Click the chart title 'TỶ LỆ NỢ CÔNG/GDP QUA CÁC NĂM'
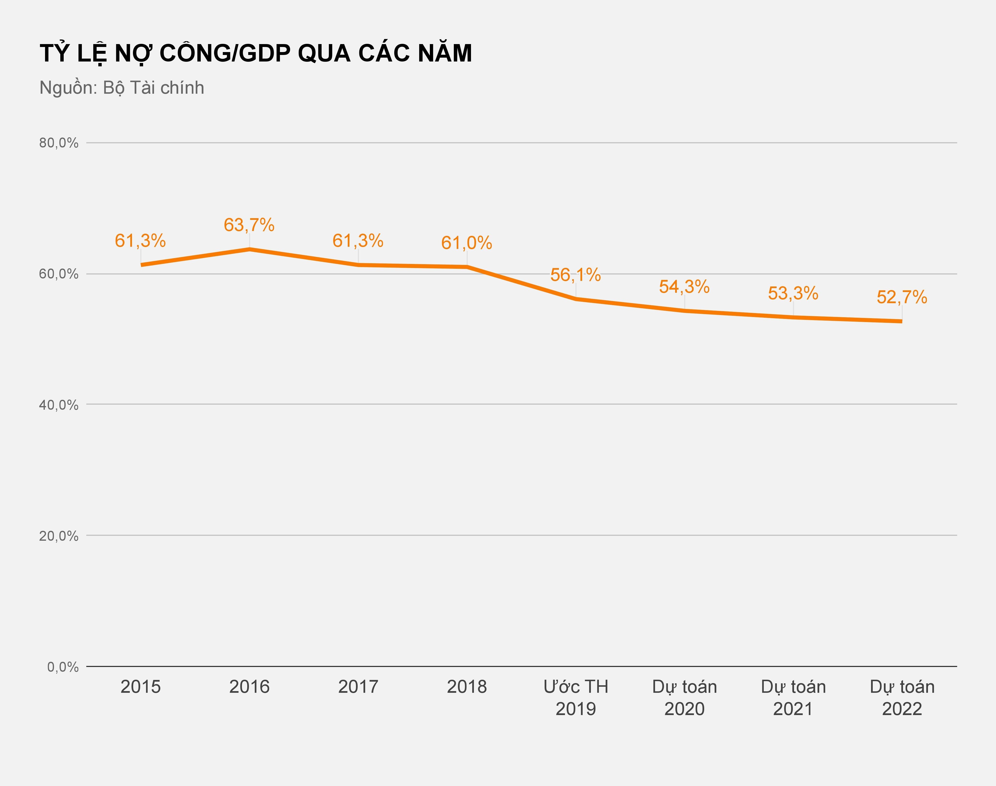(x=256, y=53)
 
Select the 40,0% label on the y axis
(x=58, y=405)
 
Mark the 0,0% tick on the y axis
(x=62, y=667)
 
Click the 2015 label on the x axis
(x=140, y=686)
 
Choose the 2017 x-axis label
(x=358, y=686)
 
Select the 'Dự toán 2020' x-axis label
(x=684, y=697)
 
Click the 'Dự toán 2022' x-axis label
(x=902, y=697)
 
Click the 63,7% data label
(x=249, y=225)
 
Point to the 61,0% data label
(x=467, y=243)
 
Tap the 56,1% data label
(x=575, y=275)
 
